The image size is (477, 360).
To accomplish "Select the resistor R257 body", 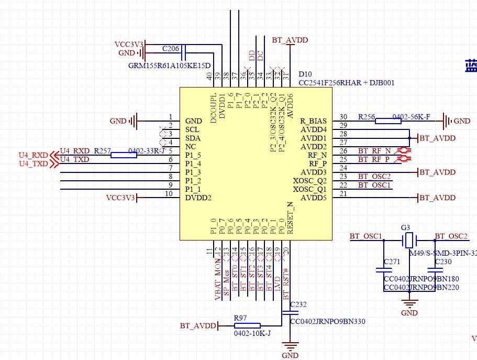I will (x=124, y=155).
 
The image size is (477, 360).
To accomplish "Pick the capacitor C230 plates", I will (x=432, y=271).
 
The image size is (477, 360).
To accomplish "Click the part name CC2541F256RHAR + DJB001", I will (x=346, y=83).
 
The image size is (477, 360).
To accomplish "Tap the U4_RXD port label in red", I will (x=31, y=155).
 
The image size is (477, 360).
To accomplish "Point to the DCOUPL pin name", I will (x=214, y=109).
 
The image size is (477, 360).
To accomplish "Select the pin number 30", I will (x=343, y=117).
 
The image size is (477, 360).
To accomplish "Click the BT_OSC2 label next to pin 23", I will (x=374, y=176).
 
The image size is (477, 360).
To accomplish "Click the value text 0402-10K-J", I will (x=252, y=333).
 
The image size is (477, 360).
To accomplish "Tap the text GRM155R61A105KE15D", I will (x=169, y=66).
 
